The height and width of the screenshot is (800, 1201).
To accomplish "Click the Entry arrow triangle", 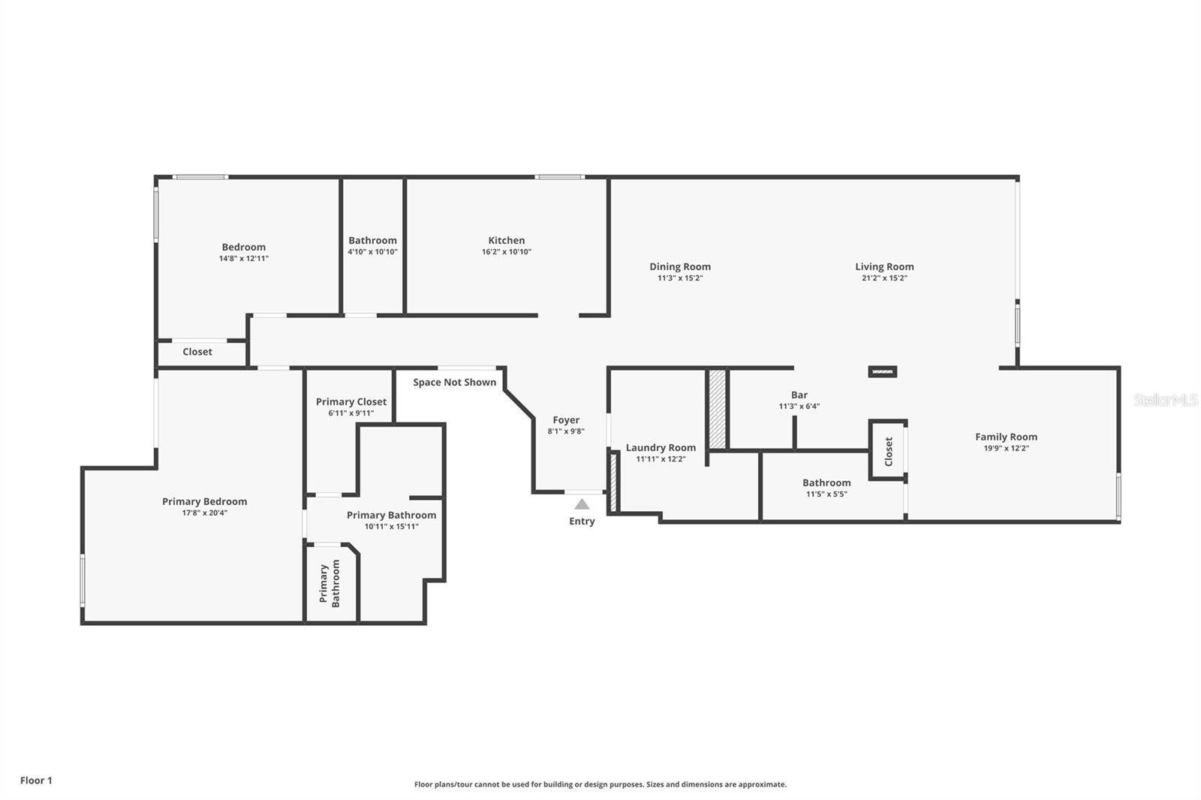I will pos(582,504).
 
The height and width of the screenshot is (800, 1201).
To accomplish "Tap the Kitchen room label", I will pos(507,240).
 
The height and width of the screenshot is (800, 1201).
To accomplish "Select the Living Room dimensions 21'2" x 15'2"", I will pos(884,278).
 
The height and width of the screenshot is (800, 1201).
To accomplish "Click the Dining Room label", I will pos(680,266).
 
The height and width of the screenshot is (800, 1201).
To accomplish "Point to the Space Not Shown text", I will pos(454,382).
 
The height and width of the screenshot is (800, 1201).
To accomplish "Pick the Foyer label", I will pos(566,420).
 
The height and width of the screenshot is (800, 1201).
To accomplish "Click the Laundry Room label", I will pos(661,447).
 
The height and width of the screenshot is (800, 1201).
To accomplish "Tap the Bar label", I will pos(799,395).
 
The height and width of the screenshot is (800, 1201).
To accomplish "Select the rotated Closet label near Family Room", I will pos(889,451).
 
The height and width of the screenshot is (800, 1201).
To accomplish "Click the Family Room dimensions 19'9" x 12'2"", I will pos(1006,448).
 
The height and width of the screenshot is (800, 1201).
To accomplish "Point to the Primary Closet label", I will pos(351,402).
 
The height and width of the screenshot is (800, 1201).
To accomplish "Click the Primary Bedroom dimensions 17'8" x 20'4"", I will pos(204,513).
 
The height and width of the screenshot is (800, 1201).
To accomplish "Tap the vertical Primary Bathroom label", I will pos(330,583).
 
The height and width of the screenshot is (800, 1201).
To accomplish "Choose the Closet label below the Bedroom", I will pos(197,351).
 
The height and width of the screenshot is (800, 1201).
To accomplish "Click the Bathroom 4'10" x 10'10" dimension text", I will pos(372,252).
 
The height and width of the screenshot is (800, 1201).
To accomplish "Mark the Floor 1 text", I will pos(36,780).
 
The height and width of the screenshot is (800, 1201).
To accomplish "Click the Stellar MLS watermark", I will pos(1165,400).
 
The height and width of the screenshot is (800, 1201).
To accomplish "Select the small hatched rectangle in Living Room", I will pos(882,371).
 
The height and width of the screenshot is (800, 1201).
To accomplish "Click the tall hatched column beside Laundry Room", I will pos(718,409).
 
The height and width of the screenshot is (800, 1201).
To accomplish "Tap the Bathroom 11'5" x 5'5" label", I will pos(826,483).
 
